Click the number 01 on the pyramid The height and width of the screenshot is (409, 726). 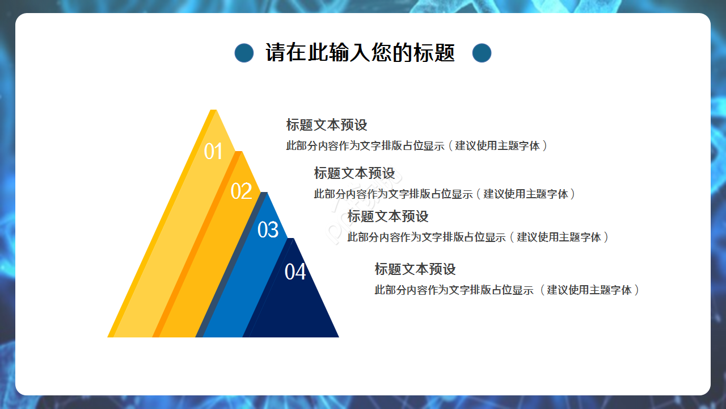click(213, 152)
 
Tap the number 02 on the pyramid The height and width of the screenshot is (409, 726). click(241, 191)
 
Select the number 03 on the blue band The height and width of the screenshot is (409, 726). click(268, 230)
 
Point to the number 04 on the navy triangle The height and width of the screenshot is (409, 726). click(295, 272)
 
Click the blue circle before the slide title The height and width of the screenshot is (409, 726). click(244, 53)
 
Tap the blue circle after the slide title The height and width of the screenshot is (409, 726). click(482, 53)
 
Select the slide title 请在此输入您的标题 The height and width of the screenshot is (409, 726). click(360, 53)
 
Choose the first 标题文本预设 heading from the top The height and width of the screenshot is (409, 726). click(327, 125)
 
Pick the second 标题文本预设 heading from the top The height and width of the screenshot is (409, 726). click(354, 173)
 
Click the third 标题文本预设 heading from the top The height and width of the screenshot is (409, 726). click(388, 216)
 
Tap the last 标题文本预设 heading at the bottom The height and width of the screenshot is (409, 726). click(415, 269)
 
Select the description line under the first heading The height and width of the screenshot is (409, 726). click(417, 145)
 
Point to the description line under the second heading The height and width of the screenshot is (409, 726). click(445, 194)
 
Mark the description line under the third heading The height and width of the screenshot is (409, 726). click(478, 237)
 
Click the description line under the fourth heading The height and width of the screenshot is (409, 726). click(507, 290)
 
